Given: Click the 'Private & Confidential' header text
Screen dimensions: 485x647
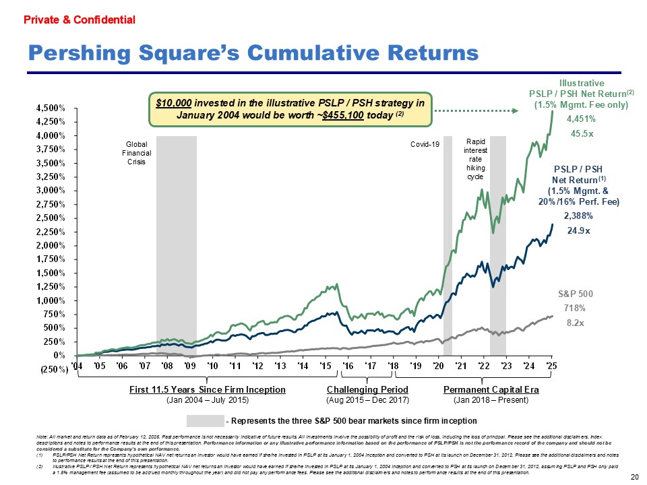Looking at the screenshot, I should (x=80, y=20).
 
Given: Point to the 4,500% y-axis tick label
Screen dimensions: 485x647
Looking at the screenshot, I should (x=51, y=108).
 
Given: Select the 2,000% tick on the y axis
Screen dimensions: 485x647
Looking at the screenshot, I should (x=51, y=245).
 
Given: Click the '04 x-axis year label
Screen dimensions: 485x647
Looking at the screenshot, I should (x=78, y=365).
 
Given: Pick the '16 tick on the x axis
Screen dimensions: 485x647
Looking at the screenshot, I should (x=348, y=365).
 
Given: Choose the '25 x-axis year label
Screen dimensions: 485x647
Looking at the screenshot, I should (x=552, y=365).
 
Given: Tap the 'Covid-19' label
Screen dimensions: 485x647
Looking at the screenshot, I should (x=425, y=144).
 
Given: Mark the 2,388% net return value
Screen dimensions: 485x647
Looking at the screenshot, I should (x=578, y=216).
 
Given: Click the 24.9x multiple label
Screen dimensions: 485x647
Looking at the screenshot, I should (x=578, y=231).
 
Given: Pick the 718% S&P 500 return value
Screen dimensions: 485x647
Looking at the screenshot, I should (x=574, y=308).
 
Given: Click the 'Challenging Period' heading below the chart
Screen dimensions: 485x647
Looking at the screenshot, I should (x=367, y=390).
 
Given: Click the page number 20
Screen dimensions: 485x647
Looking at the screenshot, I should (x=634, y=477).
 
